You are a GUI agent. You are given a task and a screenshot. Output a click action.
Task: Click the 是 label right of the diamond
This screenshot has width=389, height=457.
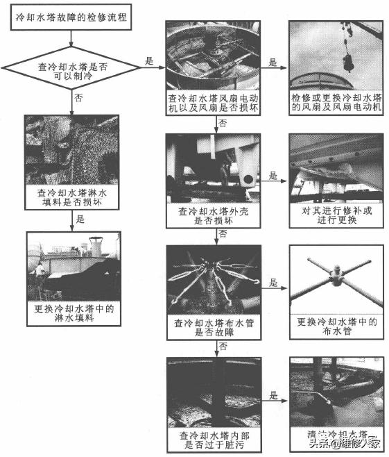(149, 61)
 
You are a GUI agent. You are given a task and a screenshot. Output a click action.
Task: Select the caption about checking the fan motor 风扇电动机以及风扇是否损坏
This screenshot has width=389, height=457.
(214, 104)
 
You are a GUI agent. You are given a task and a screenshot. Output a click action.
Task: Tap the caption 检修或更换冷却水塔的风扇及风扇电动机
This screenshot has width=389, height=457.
(336, 104)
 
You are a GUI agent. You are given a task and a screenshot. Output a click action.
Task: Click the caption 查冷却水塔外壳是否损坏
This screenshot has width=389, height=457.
(214, 215)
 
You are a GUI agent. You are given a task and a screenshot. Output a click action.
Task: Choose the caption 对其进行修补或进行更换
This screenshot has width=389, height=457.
(336, 215)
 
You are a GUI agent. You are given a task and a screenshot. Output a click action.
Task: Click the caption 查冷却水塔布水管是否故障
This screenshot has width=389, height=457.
(214, 327)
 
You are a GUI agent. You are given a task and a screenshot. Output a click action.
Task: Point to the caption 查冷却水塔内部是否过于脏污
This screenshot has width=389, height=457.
(214, 440)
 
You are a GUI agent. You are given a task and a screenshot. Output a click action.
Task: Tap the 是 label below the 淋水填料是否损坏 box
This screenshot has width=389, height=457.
(78, 219)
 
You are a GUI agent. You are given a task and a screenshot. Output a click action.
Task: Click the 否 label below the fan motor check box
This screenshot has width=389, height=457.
(222, 124)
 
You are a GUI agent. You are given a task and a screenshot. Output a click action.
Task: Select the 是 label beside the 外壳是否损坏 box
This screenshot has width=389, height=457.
(273, 176)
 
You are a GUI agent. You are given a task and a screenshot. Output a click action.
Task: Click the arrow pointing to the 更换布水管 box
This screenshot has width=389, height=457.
(274, 292)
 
